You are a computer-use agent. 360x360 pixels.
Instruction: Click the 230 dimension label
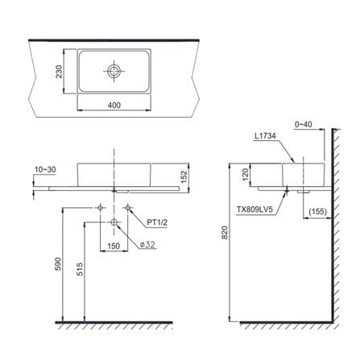click(59, 72)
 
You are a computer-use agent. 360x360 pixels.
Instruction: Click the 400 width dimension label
click(114, 106)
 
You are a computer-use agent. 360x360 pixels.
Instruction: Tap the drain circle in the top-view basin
click(114, 72)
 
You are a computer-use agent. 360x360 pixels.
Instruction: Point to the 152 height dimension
click(184, 177)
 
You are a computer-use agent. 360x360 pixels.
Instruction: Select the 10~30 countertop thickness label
click(45, 170)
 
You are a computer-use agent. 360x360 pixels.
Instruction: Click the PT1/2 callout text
click(157, 222)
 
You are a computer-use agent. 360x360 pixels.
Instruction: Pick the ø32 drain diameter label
click(147, 245)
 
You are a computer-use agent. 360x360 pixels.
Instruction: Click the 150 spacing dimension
click(114, 246)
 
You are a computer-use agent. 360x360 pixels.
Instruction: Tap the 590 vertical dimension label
click(58, 263)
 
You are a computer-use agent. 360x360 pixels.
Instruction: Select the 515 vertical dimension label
click(80, 269)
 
